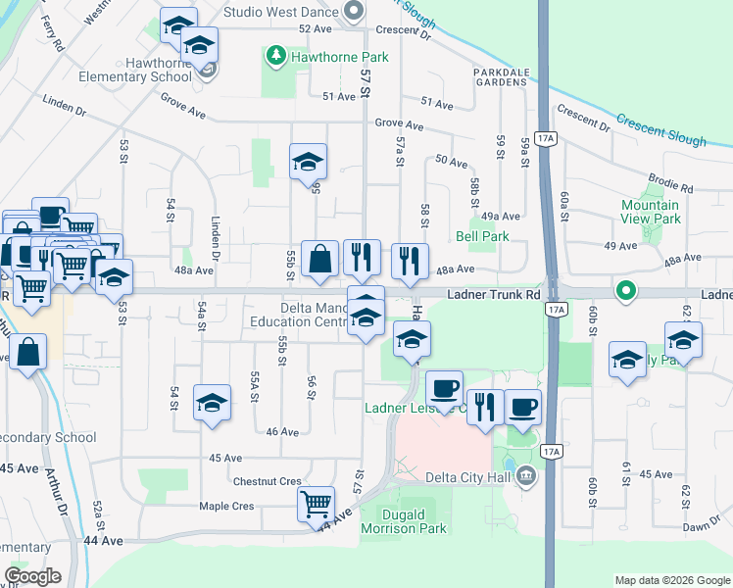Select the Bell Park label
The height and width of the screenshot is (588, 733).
[x=482, y=236]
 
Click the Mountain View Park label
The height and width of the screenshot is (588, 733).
[x=651, y=212]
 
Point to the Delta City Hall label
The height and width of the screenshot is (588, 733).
[x=469, y=477]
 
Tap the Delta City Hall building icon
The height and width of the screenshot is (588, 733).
[x=526, y=477]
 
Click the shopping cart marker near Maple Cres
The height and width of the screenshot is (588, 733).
[x=316, y=504]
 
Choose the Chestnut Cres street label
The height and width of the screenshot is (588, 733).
[x=267, y=481]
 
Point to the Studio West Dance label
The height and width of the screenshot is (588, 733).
[x=281, y=12]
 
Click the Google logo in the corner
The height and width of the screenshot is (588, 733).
[x=32, y=576]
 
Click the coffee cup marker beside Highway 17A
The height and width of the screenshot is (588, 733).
[x=522, y=406]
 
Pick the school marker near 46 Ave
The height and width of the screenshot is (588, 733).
[x=212, y=402]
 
